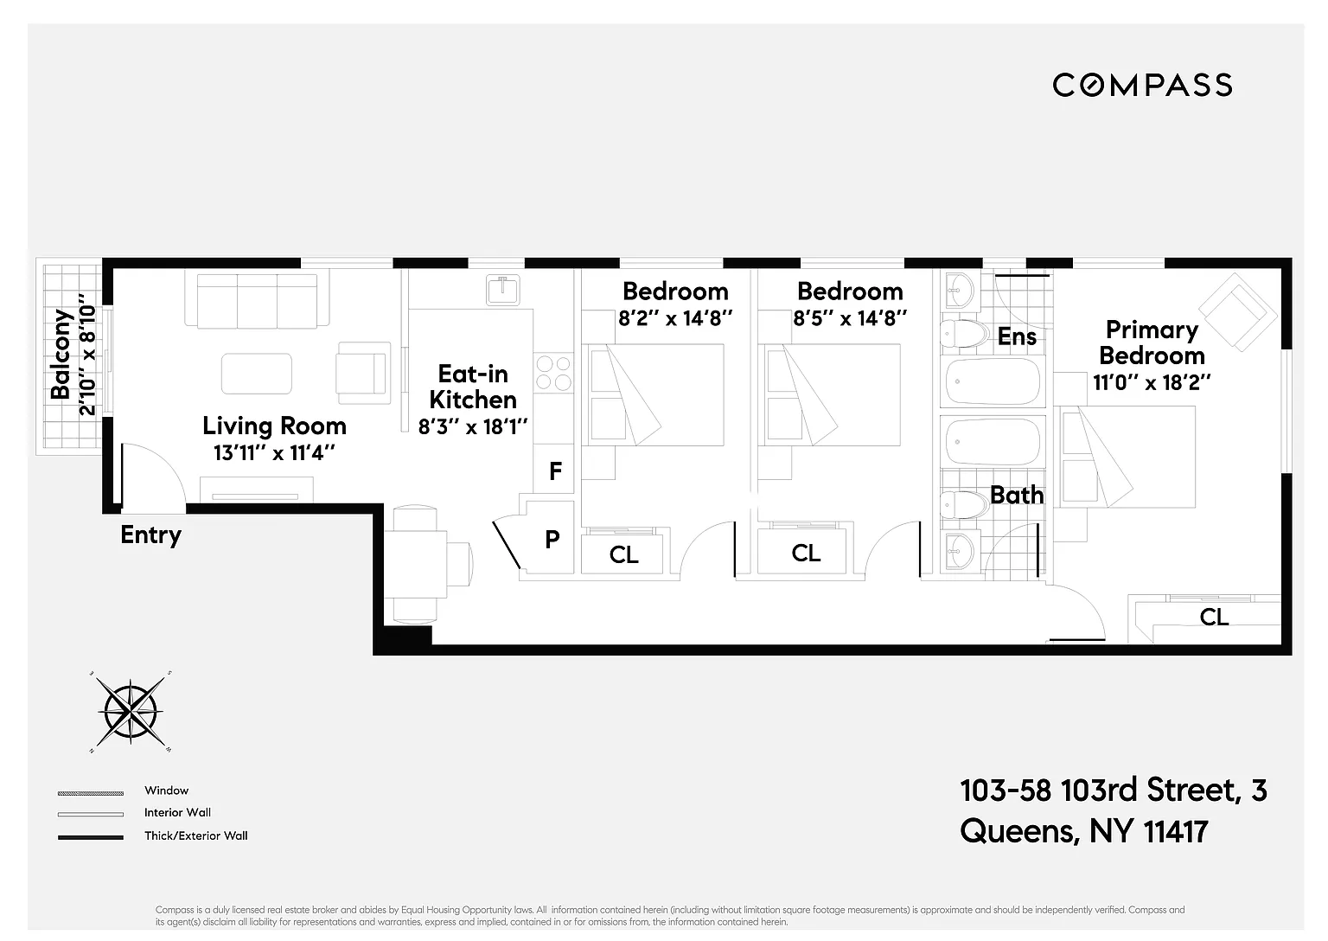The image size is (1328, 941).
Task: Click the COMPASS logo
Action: (1141, 85)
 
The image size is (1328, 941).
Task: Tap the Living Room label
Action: (274, 426)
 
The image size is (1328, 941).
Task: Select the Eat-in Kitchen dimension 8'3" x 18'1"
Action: (473, 426)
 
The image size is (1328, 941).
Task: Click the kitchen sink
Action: (502, 290)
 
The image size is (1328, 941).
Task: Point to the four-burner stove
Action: (553, 373)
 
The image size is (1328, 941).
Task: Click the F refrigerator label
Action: (555, 470)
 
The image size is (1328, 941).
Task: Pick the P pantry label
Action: (552, 540)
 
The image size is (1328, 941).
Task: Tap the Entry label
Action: (150, 535)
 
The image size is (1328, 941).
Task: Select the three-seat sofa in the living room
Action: (257, 299)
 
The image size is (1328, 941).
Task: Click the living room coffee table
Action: (256, 374)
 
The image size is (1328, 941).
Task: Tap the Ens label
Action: (1017, 336)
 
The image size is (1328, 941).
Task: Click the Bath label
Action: (1017, 495)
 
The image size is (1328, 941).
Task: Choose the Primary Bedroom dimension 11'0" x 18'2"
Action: (1151, 382)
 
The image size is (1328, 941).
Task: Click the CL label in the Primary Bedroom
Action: (1214, 617)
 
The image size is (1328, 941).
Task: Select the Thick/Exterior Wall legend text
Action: (196, 835)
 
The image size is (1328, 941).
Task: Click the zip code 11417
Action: (1175, 831)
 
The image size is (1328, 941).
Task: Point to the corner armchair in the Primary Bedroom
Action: (1237, 312)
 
